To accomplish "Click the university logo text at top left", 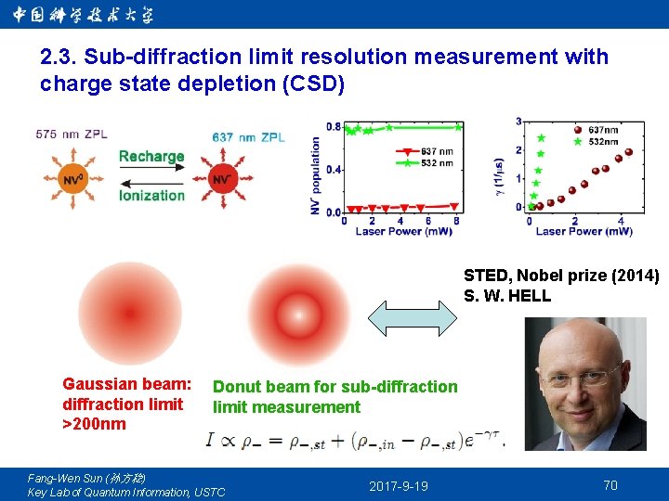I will [84, 14].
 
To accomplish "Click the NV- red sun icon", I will [222, 176].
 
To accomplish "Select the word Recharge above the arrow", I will [151, 156].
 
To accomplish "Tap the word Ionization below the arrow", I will [151, 195].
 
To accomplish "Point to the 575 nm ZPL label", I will [72, 135].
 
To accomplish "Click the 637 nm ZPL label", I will [248, 137].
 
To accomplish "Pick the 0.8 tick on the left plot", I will [334, 127].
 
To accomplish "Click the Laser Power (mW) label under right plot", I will [584, 231].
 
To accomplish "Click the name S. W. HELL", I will [507, 296].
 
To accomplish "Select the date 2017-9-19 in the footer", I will [399, 486].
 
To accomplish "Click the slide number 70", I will [610, 485].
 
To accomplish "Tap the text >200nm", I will [94, 424].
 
